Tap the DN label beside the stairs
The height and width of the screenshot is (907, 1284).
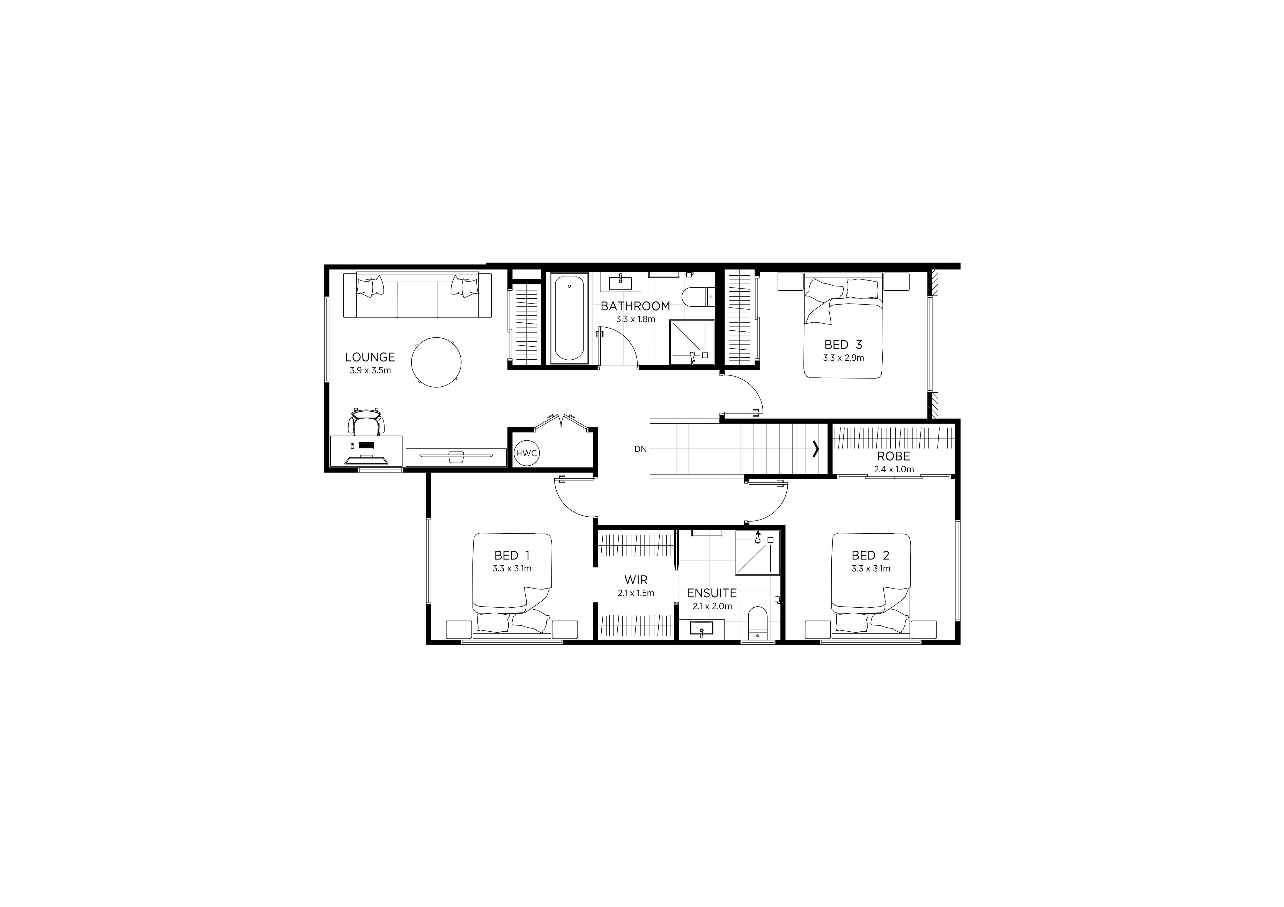(x=640, y=449)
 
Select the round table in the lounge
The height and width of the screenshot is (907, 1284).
(x=436, y=362)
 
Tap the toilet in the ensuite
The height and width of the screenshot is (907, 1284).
(x=758, y=623)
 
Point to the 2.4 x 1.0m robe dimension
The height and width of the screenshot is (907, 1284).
(x=894, y=470)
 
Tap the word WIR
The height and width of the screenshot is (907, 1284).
(x=636, y=580)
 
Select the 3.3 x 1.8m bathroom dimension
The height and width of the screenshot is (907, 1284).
(x=635, y=319)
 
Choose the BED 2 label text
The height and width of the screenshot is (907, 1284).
(x=870, y=555)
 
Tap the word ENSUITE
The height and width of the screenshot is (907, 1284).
(x=712, y=593)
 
